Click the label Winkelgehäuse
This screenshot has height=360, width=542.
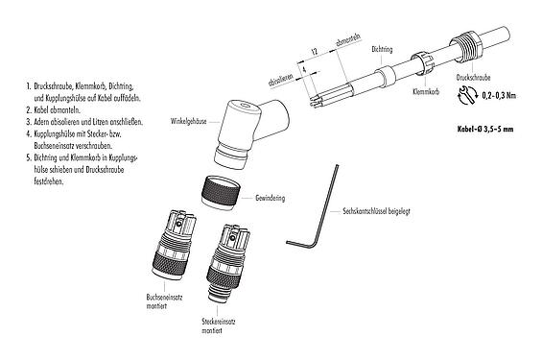(x=191, y=122)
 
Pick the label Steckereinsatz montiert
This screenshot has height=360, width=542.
(x=216, y=325)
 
